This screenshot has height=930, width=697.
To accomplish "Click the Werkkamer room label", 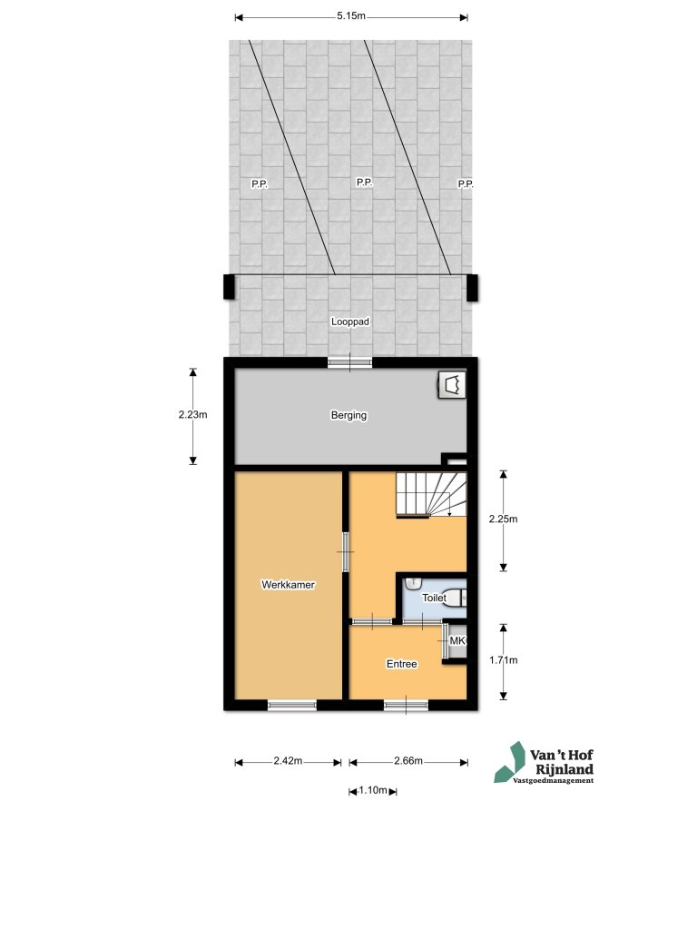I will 288,585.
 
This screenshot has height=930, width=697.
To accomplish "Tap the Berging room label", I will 348,416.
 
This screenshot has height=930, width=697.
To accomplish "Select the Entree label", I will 402,664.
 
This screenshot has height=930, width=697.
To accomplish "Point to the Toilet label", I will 434,599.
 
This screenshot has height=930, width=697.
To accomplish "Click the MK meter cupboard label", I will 456,642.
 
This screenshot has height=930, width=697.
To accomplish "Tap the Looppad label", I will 350,322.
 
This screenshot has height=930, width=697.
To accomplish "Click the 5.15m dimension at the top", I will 351,16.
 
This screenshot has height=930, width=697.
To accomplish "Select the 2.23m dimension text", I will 193,415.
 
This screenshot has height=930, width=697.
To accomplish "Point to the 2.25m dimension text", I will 503,519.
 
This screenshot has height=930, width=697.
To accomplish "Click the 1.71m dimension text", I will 503,660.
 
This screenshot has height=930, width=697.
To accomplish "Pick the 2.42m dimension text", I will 288,761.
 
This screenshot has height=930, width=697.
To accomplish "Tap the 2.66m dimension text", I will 408,761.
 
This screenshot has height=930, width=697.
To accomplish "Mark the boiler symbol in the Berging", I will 452,384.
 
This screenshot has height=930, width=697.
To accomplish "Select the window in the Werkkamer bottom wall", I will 292,705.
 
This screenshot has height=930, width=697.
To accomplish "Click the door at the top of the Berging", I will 350,362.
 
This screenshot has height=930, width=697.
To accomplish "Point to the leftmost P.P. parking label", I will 259,183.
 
